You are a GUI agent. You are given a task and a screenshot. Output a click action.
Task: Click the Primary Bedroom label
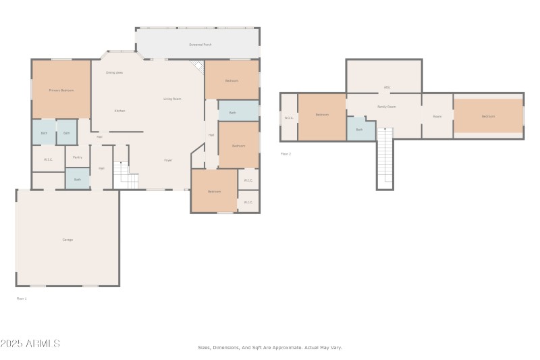click(x=61, y=90)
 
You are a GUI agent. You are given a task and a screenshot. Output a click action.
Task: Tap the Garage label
click(x=67, y=240)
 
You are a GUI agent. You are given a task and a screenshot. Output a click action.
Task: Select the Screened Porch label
click(x=200, y=45)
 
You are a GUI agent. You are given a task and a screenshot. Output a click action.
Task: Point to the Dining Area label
click(x=114, y=72)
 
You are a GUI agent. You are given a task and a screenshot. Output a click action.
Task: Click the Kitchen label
click(x=119, y=111)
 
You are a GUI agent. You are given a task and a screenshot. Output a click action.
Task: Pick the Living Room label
click(x=172, y=99)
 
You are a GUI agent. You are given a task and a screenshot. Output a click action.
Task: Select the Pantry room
click(x=77, y=157)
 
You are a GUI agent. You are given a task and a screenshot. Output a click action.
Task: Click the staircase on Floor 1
click(x=126, y=176)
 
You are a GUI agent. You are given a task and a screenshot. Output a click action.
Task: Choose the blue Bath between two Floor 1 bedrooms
click(x=232, y=112)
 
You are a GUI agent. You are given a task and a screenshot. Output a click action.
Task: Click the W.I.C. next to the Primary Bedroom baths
click(x=48, y=159)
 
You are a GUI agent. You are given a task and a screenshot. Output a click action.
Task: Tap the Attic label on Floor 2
click(x=387, y=87)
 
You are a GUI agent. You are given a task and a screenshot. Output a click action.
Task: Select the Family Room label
click(x=386, y=107)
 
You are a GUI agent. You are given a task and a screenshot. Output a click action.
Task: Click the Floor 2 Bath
click(x=359, y=129)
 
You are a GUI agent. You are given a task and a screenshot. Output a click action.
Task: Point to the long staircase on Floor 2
click(x=385, y=159)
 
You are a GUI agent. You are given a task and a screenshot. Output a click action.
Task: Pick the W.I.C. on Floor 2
click(x=289, y=118)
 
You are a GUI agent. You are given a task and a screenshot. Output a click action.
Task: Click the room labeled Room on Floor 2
click(x=437, y=116)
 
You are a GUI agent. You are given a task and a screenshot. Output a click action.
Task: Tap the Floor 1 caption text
click(x=22, y=298)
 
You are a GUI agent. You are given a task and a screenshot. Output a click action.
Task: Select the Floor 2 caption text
click(x=286, y=154)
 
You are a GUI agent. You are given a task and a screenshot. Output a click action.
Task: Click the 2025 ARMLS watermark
click(x=30, y=344)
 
